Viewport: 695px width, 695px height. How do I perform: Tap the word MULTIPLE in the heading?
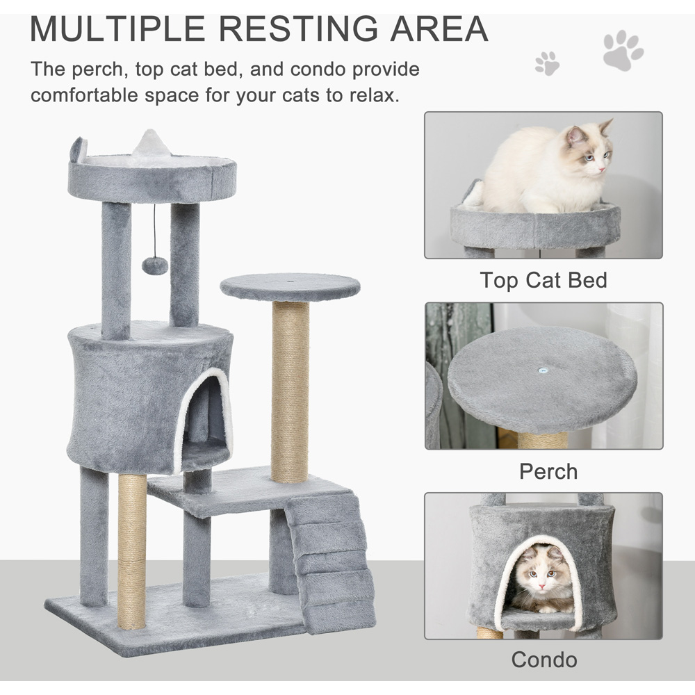tap(117, 28)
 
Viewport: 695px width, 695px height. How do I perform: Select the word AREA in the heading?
tap(439, 28)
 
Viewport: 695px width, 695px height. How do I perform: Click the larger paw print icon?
tap(623, 50)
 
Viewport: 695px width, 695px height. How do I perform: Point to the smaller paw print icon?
tap(548, 63)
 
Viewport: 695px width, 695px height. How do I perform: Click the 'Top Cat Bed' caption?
tap(543, 280)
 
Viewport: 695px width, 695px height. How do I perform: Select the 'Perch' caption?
tap(548, 471)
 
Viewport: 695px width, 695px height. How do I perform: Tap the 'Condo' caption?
tap(544, 660)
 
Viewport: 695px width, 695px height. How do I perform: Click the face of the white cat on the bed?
tap(589, 149)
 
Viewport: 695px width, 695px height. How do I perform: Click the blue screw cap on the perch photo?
tap(541, 370)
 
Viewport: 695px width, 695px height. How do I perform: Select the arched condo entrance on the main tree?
tap(204, 421)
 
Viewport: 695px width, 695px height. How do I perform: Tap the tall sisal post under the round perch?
tap(289, 392)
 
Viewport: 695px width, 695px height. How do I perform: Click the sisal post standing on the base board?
tap(132, 551)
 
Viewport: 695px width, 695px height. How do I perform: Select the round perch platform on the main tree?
tap(290, 287)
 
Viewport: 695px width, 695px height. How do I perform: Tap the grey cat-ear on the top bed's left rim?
tap(79, 150)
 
